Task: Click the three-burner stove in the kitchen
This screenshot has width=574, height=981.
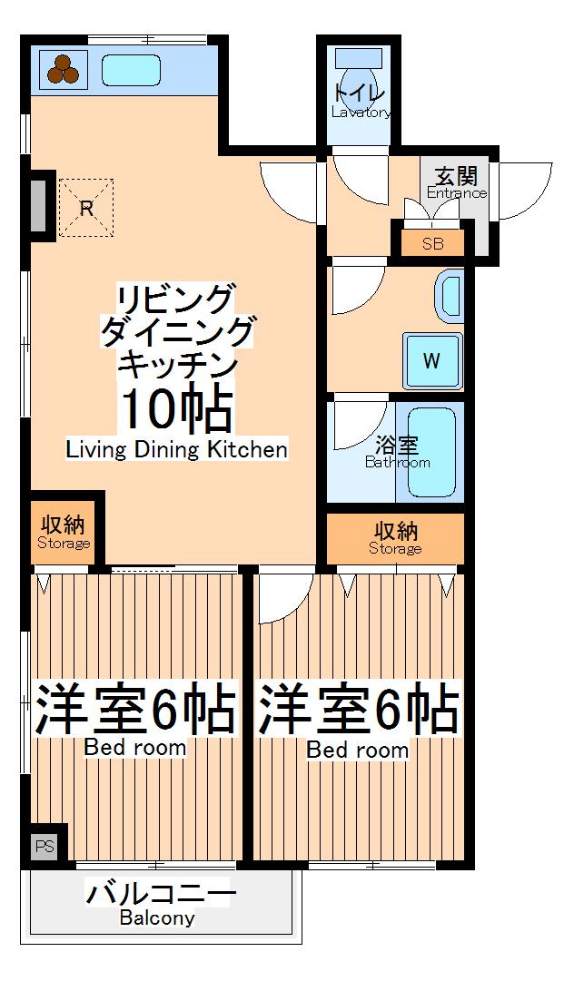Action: [62, 70]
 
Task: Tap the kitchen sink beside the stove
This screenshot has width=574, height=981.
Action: [131, 70]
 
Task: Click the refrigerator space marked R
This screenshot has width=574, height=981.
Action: [86, 208]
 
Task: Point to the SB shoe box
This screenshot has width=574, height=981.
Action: [433, 243]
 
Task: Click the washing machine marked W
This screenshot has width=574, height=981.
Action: [431, 360]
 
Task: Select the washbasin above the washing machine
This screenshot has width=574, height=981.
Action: [450, 296]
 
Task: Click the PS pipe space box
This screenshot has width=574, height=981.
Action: [45, 846]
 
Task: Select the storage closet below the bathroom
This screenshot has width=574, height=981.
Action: [395, 538]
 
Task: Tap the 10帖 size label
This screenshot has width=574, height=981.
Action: [177, 410]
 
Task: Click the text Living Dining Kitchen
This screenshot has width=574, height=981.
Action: [177, 449]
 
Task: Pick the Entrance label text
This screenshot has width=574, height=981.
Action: [456, 192]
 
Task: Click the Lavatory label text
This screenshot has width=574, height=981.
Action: [361, 113]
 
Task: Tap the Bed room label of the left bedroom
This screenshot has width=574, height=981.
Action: [135, 748]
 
